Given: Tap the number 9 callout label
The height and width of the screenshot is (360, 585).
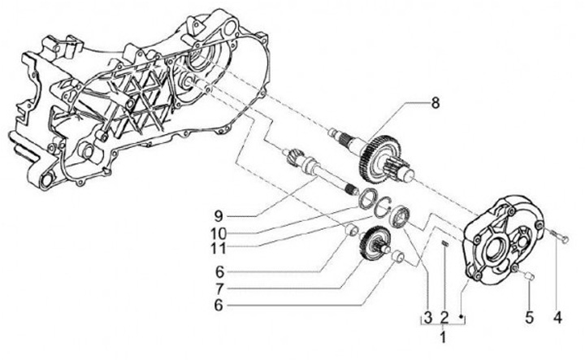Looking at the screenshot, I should (x=218, y=216).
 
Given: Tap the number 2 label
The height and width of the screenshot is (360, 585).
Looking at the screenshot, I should (x=444, y=315).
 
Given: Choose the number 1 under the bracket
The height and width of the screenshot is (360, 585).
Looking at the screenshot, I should (x=443, y=336).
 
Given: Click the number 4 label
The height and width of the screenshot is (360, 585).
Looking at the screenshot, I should (x=557, y=315).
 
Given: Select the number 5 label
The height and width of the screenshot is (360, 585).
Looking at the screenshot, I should (x=528, y=315).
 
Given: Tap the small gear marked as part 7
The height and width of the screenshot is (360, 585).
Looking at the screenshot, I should (x=375, y=244).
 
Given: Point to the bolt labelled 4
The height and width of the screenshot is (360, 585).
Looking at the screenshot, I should (x=556, y=236).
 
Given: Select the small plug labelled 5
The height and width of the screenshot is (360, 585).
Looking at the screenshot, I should (x=526, y=278).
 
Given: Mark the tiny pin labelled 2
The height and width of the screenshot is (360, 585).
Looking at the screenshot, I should (x=444, y=244).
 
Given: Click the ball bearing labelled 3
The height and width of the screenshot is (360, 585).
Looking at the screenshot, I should (x=400, y=217).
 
